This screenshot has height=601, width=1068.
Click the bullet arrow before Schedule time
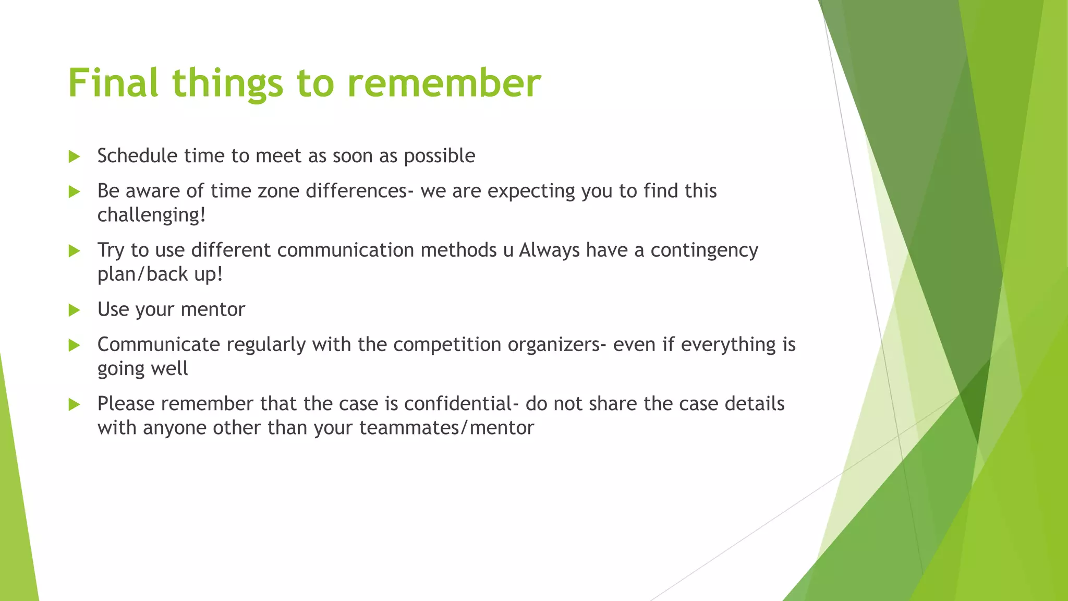pos(74,157)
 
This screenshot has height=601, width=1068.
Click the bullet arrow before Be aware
pos(74,191)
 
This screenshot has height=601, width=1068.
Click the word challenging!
pos(151,215)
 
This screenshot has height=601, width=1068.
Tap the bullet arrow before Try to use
pos(74,251)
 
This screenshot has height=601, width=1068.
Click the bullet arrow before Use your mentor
pos(74,310)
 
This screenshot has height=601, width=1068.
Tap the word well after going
pos(169,369)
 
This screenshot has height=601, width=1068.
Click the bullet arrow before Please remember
pos(74,404)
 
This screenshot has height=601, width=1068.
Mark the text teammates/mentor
pos(446,428)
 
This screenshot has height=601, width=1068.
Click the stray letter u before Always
pos(508,251)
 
